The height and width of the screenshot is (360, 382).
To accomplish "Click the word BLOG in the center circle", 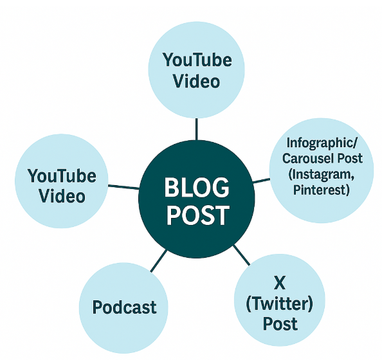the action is [197, 187].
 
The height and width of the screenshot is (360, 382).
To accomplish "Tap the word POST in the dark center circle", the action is [198, 215].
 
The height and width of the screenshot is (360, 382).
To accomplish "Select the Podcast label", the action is [124, 307].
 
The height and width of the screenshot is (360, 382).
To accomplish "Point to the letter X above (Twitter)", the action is [280, 283].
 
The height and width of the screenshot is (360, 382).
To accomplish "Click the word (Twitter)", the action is [280, 303].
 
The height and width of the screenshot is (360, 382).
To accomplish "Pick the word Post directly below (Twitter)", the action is [280, 324].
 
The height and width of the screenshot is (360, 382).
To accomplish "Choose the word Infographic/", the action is [322, 143].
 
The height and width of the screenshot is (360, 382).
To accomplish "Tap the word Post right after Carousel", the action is [350, 158].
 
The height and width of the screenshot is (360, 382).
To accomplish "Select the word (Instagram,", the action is [322, 174].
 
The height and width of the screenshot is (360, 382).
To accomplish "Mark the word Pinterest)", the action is [322, 190].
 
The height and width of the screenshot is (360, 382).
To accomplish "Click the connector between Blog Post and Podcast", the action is [159, 260].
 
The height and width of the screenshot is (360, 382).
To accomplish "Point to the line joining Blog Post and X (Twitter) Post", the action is [241, 255].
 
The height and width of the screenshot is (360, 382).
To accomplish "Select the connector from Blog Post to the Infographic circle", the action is [261, 180].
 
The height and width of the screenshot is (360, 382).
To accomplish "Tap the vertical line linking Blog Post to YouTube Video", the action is [197, 129].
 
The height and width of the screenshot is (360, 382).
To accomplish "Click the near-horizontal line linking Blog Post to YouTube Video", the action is [123, 187].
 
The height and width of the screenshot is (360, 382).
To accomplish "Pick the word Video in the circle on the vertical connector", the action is [196, 81].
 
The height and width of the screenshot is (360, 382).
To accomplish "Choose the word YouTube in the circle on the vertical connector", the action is [197, 60].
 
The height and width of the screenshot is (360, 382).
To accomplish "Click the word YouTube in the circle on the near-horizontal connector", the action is [62, 175].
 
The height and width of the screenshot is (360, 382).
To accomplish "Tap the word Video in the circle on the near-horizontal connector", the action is [62, 196].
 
